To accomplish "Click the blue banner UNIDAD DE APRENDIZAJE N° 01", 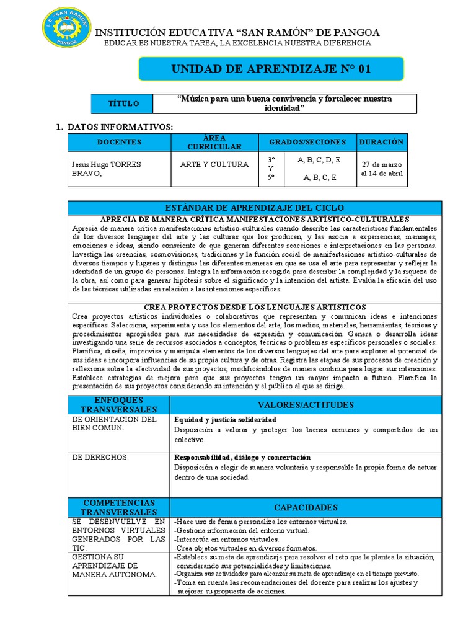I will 270,69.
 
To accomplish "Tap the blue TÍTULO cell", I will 124,104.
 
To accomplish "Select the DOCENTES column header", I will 119,142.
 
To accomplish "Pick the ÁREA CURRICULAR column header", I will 214,142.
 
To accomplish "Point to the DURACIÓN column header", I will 381,142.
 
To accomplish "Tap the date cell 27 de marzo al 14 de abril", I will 382,169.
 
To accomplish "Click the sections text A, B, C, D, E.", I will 320,159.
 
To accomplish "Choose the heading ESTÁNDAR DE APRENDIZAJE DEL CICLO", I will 254,207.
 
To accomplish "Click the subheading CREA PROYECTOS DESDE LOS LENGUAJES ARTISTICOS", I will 255,307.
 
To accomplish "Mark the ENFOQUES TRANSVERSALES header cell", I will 119,405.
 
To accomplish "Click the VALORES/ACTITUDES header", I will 306,405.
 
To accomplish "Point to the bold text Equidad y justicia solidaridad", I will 225,420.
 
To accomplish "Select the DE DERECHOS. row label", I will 100,457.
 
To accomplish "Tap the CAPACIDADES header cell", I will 306,507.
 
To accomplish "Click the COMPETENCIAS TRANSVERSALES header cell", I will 119,507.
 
